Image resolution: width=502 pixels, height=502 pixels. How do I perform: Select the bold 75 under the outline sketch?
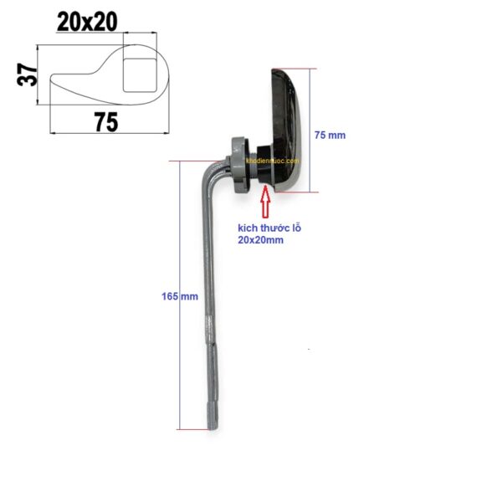click(x=105, y=122)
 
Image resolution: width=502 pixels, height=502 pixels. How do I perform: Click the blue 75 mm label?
click(x=329, y=135)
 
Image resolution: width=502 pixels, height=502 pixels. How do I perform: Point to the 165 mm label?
click(x=179, y=296)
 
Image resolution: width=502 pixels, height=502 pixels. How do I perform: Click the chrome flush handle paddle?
click(x=287, y=130)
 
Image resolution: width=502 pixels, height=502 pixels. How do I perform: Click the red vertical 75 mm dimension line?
click(x=310, y=130)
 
